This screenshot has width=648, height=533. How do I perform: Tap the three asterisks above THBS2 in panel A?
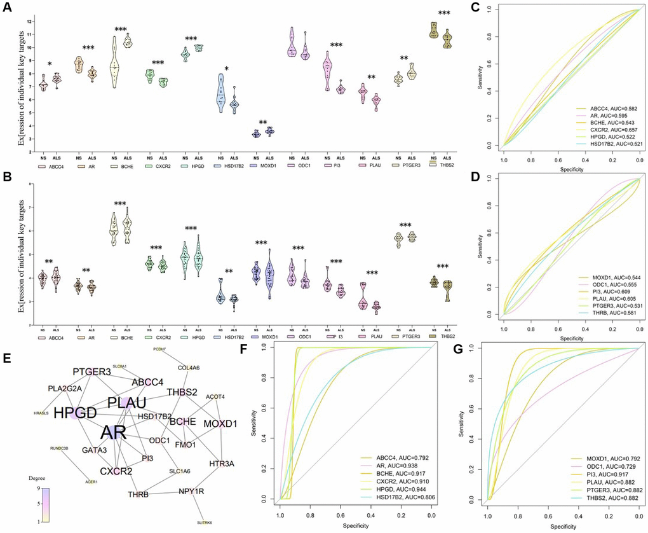(x=444, y=13)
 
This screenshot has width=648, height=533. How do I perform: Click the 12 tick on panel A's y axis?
(x=29, y=22)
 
